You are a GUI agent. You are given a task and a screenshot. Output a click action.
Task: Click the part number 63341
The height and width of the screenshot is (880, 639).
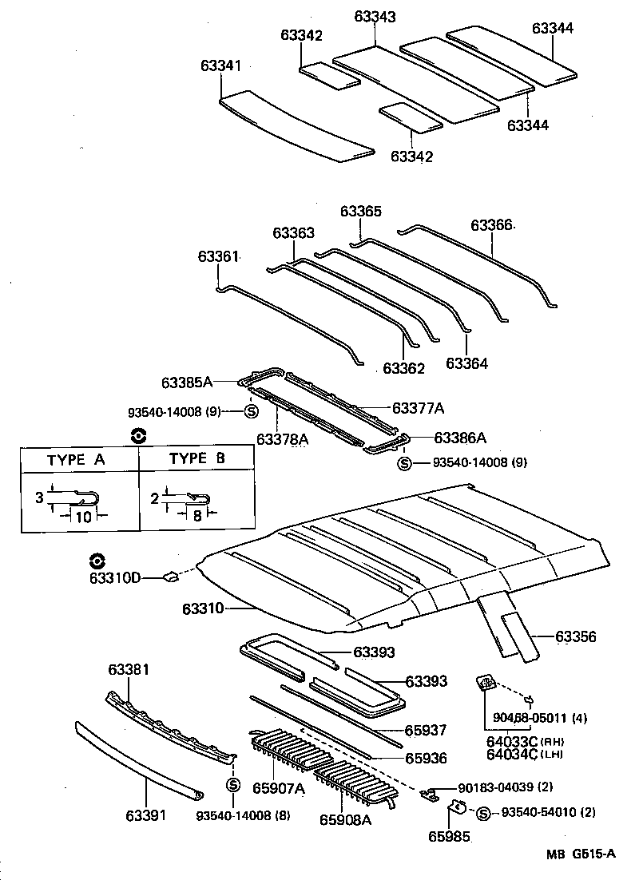pyautogui.click(x=220, y=68)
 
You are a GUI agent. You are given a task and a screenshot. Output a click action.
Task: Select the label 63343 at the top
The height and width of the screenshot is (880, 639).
pyautogui.click(x=375, y=17)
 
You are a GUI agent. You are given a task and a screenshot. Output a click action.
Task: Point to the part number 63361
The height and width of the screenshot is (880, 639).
pyautogui.click(x=219, y=256)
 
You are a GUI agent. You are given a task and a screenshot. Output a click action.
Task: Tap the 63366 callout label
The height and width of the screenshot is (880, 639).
pyautogui.click(x=491, y=226)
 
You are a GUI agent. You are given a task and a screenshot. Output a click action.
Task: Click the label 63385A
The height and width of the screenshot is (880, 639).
pyautogui.click(x=187, y=383)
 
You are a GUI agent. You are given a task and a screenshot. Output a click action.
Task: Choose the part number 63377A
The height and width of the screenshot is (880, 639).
pyautogui.click(x=418, y=407)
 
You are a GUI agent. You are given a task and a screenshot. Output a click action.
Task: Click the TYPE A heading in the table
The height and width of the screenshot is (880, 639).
pyautogui.click(x=76, y=459)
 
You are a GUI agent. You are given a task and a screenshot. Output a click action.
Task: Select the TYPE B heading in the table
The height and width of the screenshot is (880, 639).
pyautogui.click(x=196, y=459)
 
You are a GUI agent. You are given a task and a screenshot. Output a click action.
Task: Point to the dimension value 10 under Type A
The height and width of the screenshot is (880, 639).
pyautogui.click(x=81, y=517)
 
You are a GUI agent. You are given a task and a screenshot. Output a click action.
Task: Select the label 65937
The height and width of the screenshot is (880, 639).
pyautogui.click(x=426, y=730)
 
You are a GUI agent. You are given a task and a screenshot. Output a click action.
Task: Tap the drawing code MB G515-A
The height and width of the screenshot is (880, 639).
pyautogui.click(x=581, y=854)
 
